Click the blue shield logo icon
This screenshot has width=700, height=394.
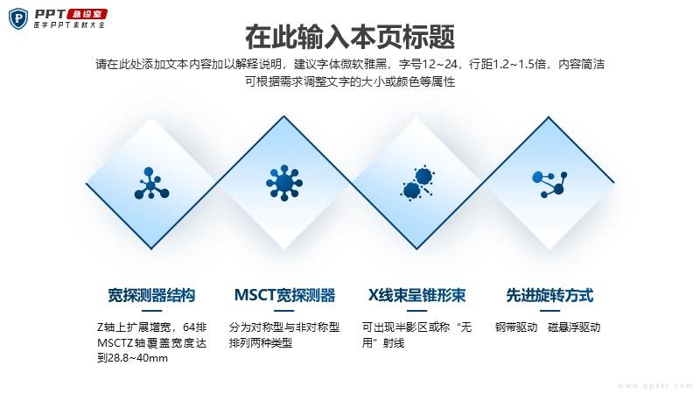point(18,18)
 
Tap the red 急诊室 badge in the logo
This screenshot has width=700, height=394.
point(87,14)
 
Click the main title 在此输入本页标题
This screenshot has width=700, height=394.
point(350,37)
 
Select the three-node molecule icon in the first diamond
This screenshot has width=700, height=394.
point(151,183)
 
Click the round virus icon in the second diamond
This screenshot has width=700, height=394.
point(283,183)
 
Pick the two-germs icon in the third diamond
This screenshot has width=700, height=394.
point(417,182)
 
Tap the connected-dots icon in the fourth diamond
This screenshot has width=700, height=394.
point(549,184)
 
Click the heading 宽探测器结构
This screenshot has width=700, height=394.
point(151,295)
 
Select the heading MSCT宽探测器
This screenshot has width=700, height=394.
point(284,295)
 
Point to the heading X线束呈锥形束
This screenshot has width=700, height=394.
point(416,295)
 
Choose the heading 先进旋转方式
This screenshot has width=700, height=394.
point(549,295)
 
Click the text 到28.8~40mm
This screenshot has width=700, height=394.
point(133,358)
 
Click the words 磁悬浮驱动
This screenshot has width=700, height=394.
point(574,327)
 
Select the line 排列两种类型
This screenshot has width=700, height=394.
point(261,342)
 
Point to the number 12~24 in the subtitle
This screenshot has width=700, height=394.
point(440,64)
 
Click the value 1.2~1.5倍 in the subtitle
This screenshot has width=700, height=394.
point(519,64)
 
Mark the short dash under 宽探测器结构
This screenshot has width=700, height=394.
point(151,311)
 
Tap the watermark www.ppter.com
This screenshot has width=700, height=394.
point(655,385)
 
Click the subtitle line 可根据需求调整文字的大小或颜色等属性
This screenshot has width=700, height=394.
point(350,81)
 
